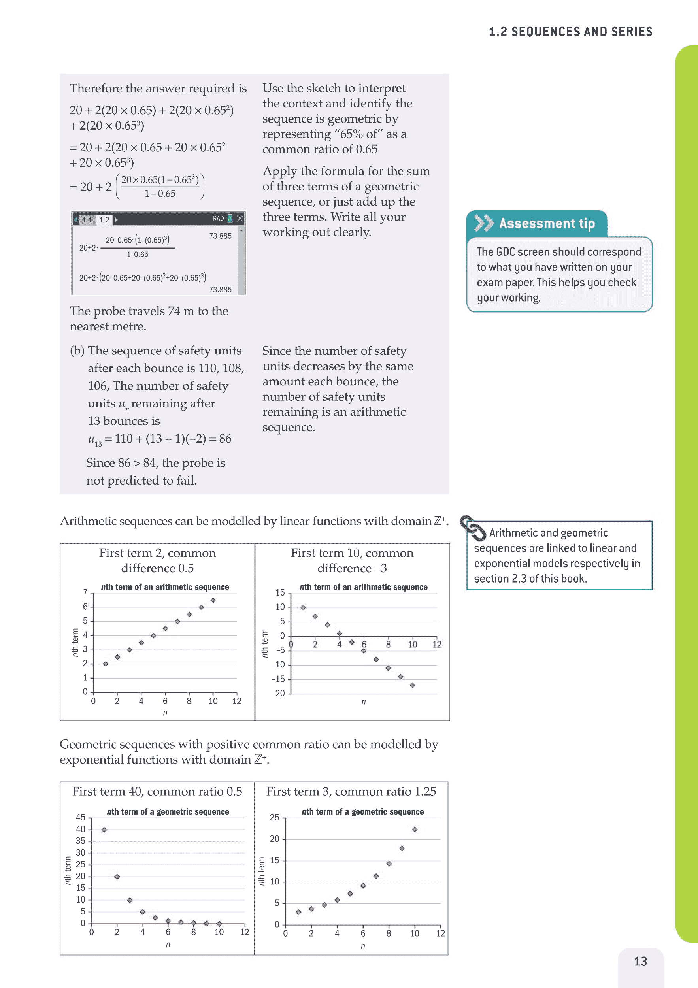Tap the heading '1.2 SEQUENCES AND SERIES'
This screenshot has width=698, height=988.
coord(571,32)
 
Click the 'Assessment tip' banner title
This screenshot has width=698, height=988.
coord(547,223)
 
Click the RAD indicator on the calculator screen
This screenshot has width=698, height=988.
coord(218,219)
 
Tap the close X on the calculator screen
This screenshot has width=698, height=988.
coord(240,219)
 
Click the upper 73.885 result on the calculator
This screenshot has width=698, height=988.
coord(220,236)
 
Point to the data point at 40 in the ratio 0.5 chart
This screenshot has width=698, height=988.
coord(104,830)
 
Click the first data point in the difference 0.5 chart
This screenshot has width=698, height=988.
coord(106,664)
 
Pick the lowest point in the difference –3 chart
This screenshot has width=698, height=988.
coord(412,685)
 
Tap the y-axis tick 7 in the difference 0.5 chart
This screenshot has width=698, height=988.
coord(85,592)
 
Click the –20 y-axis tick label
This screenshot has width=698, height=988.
coord(278,693)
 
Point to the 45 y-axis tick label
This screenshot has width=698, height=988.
coord(81,817)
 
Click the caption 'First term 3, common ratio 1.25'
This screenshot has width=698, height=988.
coord(351,791)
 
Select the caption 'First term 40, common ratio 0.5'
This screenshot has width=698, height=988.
coord(157,791)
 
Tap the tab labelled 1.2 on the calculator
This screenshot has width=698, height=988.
coord(104,220)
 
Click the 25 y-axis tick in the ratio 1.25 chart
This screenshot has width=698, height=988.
coord(274,817)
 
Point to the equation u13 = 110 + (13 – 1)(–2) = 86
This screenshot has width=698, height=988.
coord(160,439)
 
